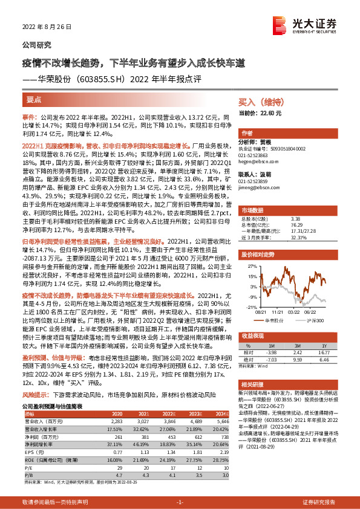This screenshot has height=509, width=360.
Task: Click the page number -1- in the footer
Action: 179,502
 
